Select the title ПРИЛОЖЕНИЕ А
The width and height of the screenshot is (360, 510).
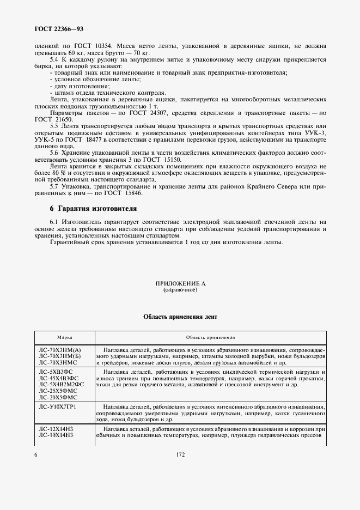[x=180, y=284]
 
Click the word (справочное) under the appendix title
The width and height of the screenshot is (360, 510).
[x=180, y=290]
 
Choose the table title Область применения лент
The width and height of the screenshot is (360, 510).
[x=180, y=317]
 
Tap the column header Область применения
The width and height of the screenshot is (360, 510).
[x=210, y=337]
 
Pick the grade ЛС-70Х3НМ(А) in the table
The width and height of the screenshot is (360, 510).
[x=60, y=349]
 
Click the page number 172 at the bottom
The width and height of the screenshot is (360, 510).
[x=180, y=453]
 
